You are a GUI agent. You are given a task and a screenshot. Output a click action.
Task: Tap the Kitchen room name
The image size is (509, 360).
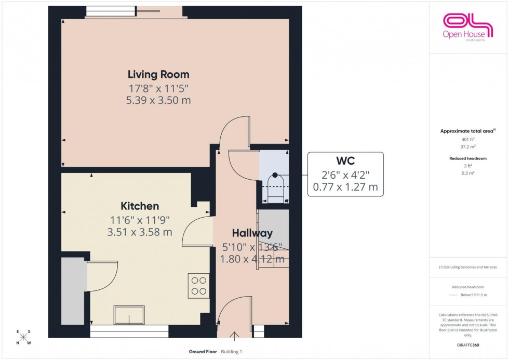(140, 206)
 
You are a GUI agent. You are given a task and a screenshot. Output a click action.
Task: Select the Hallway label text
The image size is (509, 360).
(252, 233)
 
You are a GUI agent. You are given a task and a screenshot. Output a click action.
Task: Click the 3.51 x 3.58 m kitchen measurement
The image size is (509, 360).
(139, 232)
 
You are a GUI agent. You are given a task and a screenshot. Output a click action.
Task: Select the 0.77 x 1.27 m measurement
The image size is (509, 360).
(345, 186)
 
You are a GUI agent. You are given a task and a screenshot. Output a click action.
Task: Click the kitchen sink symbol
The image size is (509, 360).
(129, 315)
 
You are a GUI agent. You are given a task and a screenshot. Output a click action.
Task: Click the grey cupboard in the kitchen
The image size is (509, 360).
(73, 291)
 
